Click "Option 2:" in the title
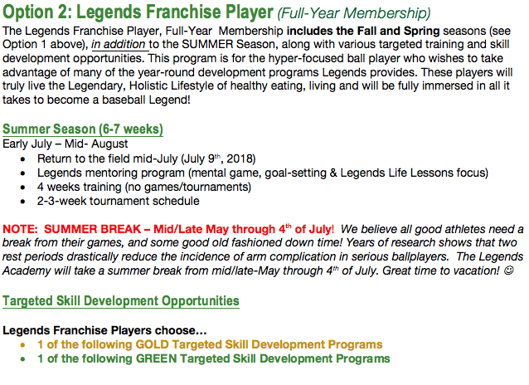coord(37,12)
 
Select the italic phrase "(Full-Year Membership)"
coord(354,13)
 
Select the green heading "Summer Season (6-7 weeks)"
coord(83,129)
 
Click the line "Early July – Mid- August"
coord(66,144)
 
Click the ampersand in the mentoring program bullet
coord(333,173)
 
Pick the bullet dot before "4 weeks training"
coord(22,188)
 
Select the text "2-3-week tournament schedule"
coord(118,202)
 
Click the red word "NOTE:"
coord(20,229)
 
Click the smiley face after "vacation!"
coord(508,270)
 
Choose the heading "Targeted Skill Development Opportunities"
coord(121,301)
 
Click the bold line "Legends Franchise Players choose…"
coord(104,330)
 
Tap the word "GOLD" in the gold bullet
coord(152,344)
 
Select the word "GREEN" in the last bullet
coord(156,358)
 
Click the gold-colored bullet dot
coord(22,345)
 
